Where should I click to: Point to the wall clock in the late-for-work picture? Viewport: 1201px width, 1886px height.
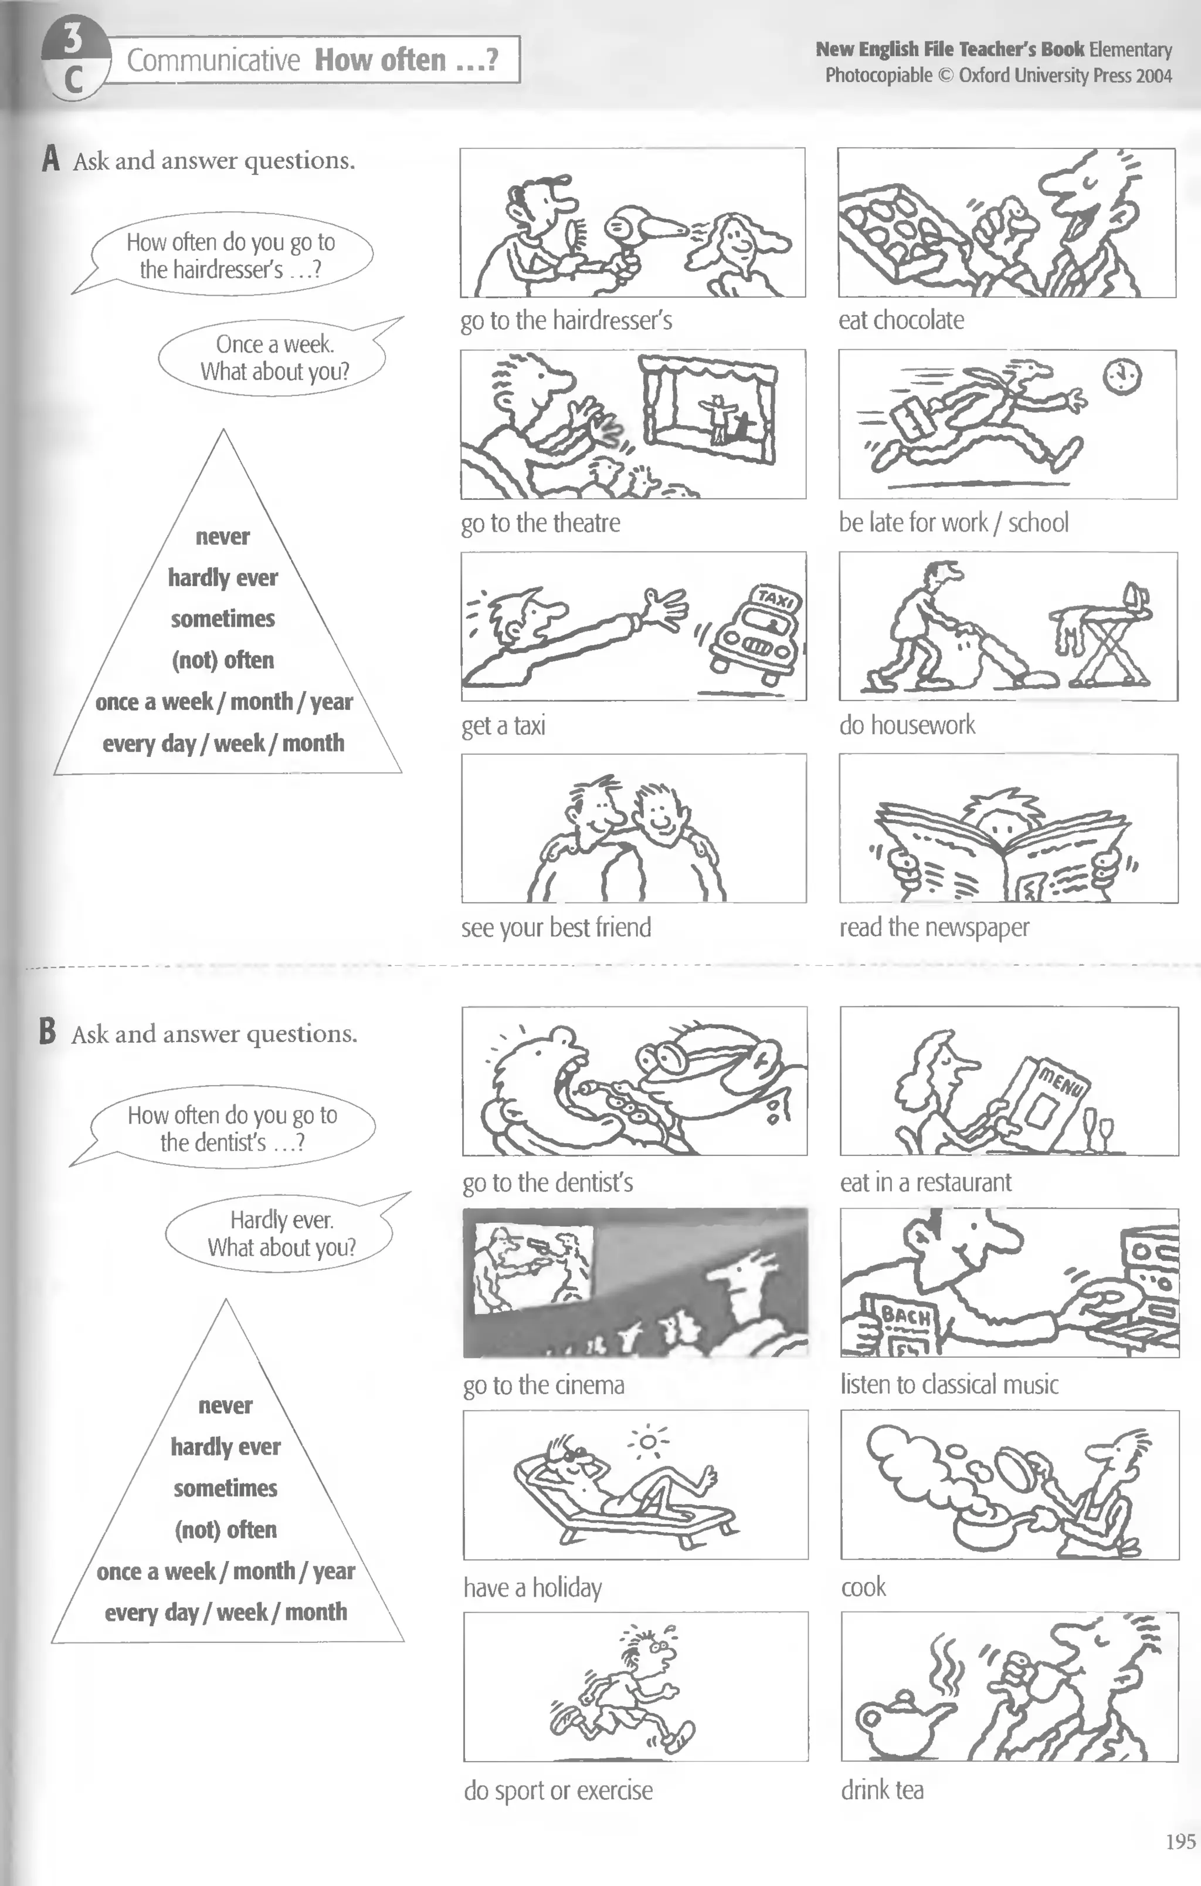[1122, 377]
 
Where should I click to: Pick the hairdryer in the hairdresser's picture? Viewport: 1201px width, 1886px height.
[642, 227]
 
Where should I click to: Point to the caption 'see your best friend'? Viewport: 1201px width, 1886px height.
[556, 927]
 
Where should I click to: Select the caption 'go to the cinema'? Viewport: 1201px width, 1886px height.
[544, 1385]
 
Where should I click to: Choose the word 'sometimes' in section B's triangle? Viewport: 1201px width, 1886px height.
[226, 1488]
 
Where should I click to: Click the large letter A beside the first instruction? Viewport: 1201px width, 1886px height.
[51, 158]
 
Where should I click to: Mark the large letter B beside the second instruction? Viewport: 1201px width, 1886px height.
[48, 1032]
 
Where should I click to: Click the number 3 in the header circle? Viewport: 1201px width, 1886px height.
[72, 38]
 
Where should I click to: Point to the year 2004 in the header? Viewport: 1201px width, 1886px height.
[1154, 75]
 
